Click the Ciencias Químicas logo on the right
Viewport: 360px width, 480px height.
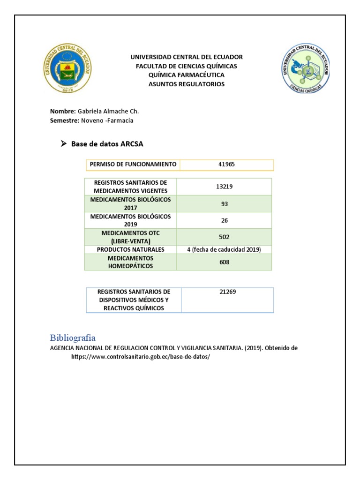pyautogui.click(x=306, y=68)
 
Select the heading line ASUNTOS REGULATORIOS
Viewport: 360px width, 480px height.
pyautogui.click(x=187, y=84)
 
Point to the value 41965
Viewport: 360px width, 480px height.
pyautogui.click(x=226, y=165)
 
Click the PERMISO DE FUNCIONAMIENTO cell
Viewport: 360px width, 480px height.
pyautogui.click(x=133, y=165)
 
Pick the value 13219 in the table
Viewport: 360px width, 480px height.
pyautogui.click(x=225, y=186)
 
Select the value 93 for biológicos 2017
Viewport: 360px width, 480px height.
pyautogui.click(x=225, y=203)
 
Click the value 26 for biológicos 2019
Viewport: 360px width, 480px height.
pyautogui.click(x=225, y=220)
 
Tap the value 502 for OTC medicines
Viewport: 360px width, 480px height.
pyautogui.click(x=225, y=237)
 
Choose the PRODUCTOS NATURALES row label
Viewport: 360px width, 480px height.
pyautogui.click(x=131, y=250)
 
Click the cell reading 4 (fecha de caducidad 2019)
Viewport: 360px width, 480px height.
pyautogui.click(x=224, y=250)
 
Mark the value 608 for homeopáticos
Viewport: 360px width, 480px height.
pyautogui.click(x=225, y=262)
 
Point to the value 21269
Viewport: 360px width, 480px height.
pyautogui.click(x=227, y=292)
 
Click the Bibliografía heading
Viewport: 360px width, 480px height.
pyautogui.click(x=73, y=337)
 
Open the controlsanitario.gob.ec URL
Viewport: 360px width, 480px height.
pyautogui.click(x=140, y=356)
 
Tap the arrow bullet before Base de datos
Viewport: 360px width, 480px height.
pyautogui.click(x=64, y=144)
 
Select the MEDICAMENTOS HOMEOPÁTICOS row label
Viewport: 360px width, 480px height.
pyautogui.click(x=131, y=262)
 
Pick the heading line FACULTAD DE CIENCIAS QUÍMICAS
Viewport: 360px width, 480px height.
pyautogui.click(x=187, y=66)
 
